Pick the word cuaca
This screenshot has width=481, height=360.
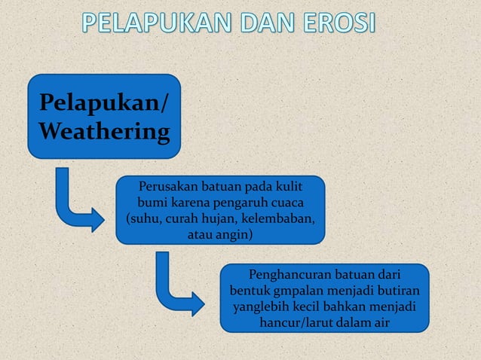tap(286, 203)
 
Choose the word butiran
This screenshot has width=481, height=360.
tap(397, 290)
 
